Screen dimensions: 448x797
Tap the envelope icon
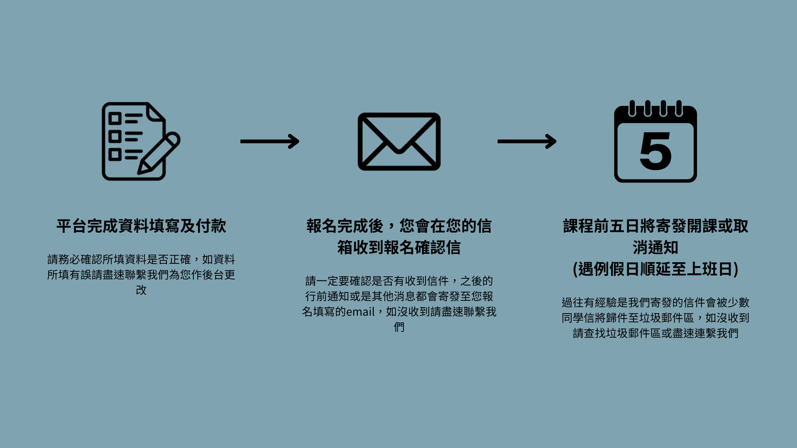click(x=399, y=141)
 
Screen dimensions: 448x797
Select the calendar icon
click(x=655, y=142)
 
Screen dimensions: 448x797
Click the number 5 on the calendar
click(x=655, y=151)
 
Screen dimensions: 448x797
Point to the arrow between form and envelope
click(x=270, y=141)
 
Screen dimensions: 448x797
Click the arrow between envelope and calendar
click(x=527, y=141)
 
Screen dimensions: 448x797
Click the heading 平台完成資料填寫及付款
click(x=141, y=226)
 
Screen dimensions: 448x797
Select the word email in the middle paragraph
click(x=360, y=312)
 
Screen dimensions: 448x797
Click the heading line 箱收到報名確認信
click(x=399, y=248)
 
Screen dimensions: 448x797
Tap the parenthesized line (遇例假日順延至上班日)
click(x=655, y=269)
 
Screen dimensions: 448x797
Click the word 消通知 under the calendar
click(x=655, y=248)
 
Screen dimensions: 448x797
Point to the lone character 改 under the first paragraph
click(x=141, y=290)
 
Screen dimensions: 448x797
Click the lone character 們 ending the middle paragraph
click(x=399, y=327)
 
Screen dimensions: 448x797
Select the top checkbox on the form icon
click(x=115, y=119)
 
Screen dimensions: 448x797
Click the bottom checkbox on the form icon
click(x=115, y=155)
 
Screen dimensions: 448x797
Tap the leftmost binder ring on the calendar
click(x=632, y=108)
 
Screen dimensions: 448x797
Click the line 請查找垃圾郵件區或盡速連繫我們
click(x=655, y=334)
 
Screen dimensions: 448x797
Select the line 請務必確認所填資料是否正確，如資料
click(x=141, y=260)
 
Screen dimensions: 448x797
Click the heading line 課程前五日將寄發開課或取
click(x=655, y=226)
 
